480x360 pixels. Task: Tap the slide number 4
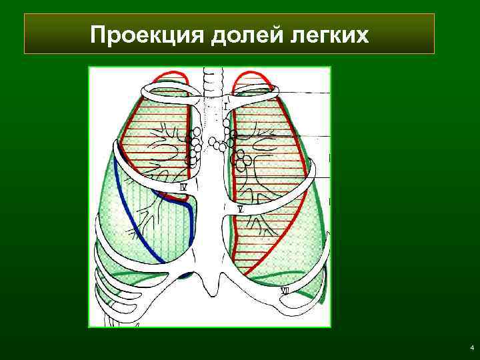click(x=471, y=348)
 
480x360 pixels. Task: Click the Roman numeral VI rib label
click(x=285, y=291)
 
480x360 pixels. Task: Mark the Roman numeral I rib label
click(x=226, y=106)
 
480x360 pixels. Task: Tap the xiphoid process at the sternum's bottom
click(x=213, y=286)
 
